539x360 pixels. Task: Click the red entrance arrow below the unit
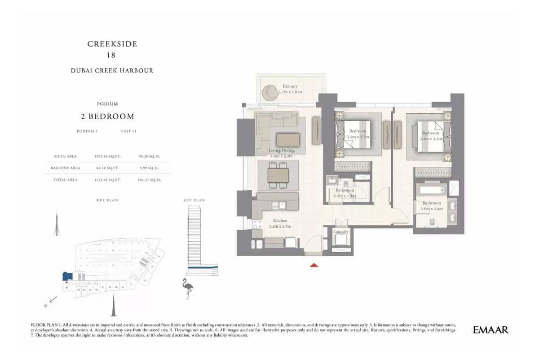(314, 265)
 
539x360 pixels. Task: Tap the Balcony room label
(290, 86)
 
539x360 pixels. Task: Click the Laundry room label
(341, 231)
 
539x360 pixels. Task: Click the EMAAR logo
(490, 330)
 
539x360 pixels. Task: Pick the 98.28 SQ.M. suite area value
(150, 156)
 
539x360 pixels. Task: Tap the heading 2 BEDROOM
(107, 116)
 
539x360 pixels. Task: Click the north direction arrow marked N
(50, 301)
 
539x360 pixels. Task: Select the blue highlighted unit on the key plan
(67, 276)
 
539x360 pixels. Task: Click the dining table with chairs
(278, 175)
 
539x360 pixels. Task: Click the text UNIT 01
(128, 131)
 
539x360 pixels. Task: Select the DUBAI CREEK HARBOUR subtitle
(112, 71)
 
